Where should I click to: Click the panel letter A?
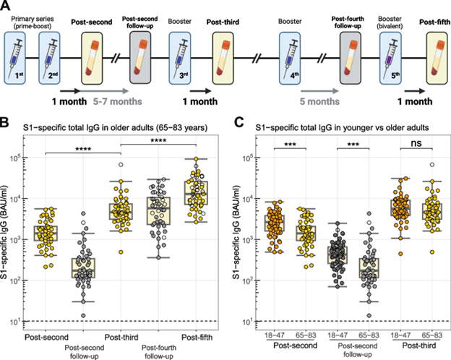pos(7,7)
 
